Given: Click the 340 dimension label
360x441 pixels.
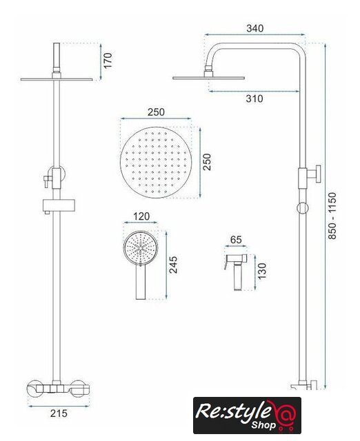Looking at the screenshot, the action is tap(254, 28).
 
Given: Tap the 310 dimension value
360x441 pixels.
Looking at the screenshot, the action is tap(254, 99).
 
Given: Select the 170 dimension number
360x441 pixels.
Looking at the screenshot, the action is tap(108, 60).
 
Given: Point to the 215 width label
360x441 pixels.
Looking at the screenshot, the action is tap(59, 413).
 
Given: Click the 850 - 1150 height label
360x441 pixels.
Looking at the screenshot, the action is tap(332, 216).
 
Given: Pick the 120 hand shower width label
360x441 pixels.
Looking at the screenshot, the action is tap(141, 216).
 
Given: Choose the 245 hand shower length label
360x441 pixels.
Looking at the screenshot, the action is tap(173, 265).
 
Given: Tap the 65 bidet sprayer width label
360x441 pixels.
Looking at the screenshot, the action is tap(236, 240).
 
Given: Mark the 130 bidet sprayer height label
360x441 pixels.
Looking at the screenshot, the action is tap(262, 271).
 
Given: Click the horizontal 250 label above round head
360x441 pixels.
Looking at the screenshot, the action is tap(156, 112).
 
